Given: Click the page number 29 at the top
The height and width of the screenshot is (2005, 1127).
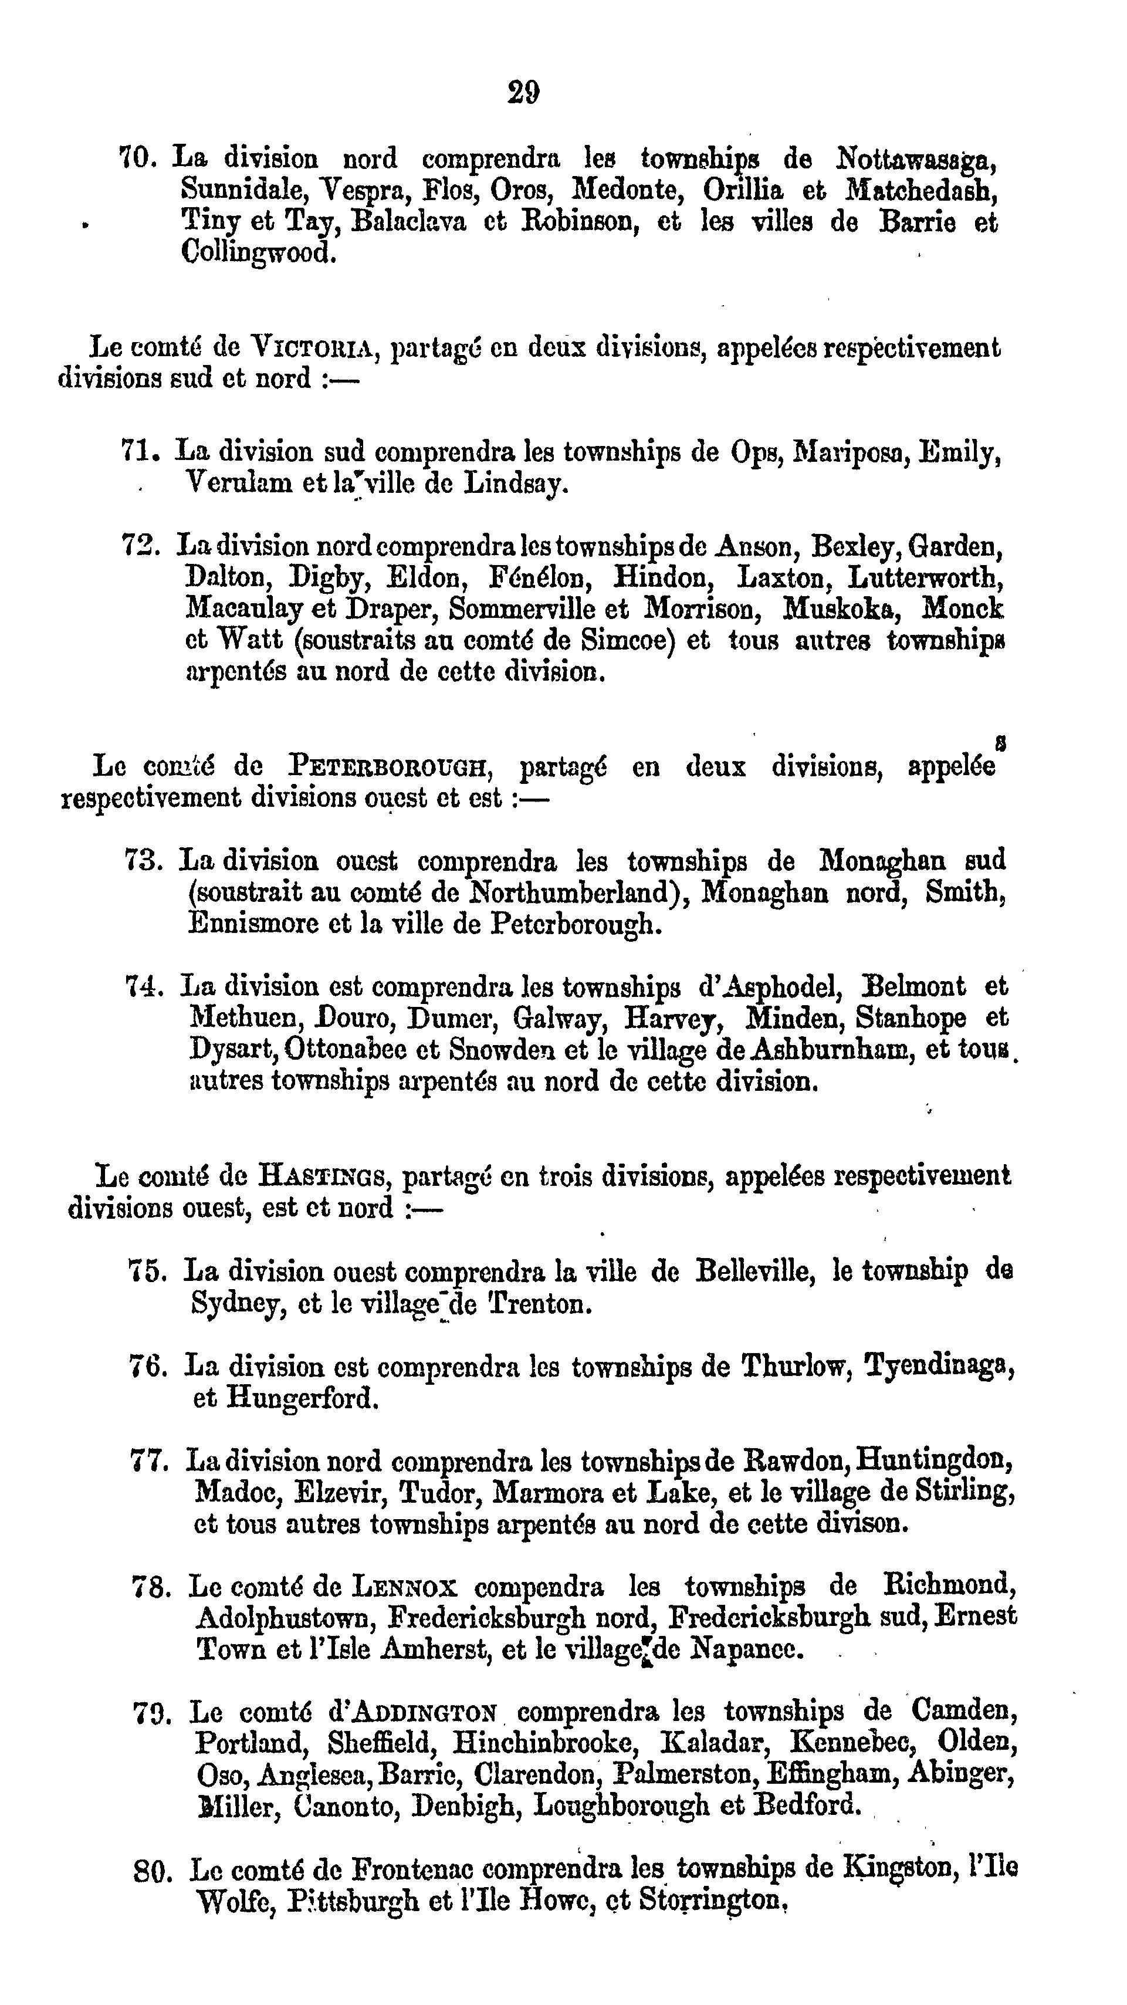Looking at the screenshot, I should point(523,93).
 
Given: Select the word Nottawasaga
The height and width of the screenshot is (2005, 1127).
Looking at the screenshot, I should point(916,160).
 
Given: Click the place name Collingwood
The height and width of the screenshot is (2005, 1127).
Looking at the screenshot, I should point(258,253).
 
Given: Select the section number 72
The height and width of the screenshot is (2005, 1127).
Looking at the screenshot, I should point(140,545).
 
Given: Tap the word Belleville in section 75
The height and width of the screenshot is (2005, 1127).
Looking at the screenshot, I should point(754,1271).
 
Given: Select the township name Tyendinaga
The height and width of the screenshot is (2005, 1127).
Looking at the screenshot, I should point(939,1366).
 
